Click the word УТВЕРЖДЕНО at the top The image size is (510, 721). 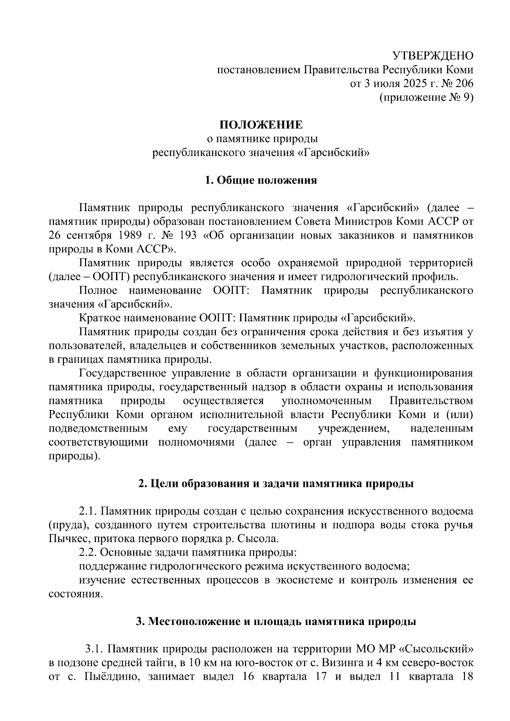coord(432,56)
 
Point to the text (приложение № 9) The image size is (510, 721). coord(426,97)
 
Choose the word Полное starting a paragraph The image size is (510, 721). coord(98,291)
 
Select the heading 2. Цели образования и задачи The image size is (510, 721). coord(276,484)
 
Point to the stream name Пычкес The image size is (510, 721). coord(68,539)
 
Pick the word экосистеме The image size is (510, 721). coord(303,580)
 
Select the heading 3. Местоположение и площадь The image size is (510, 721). coord(276,622)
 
